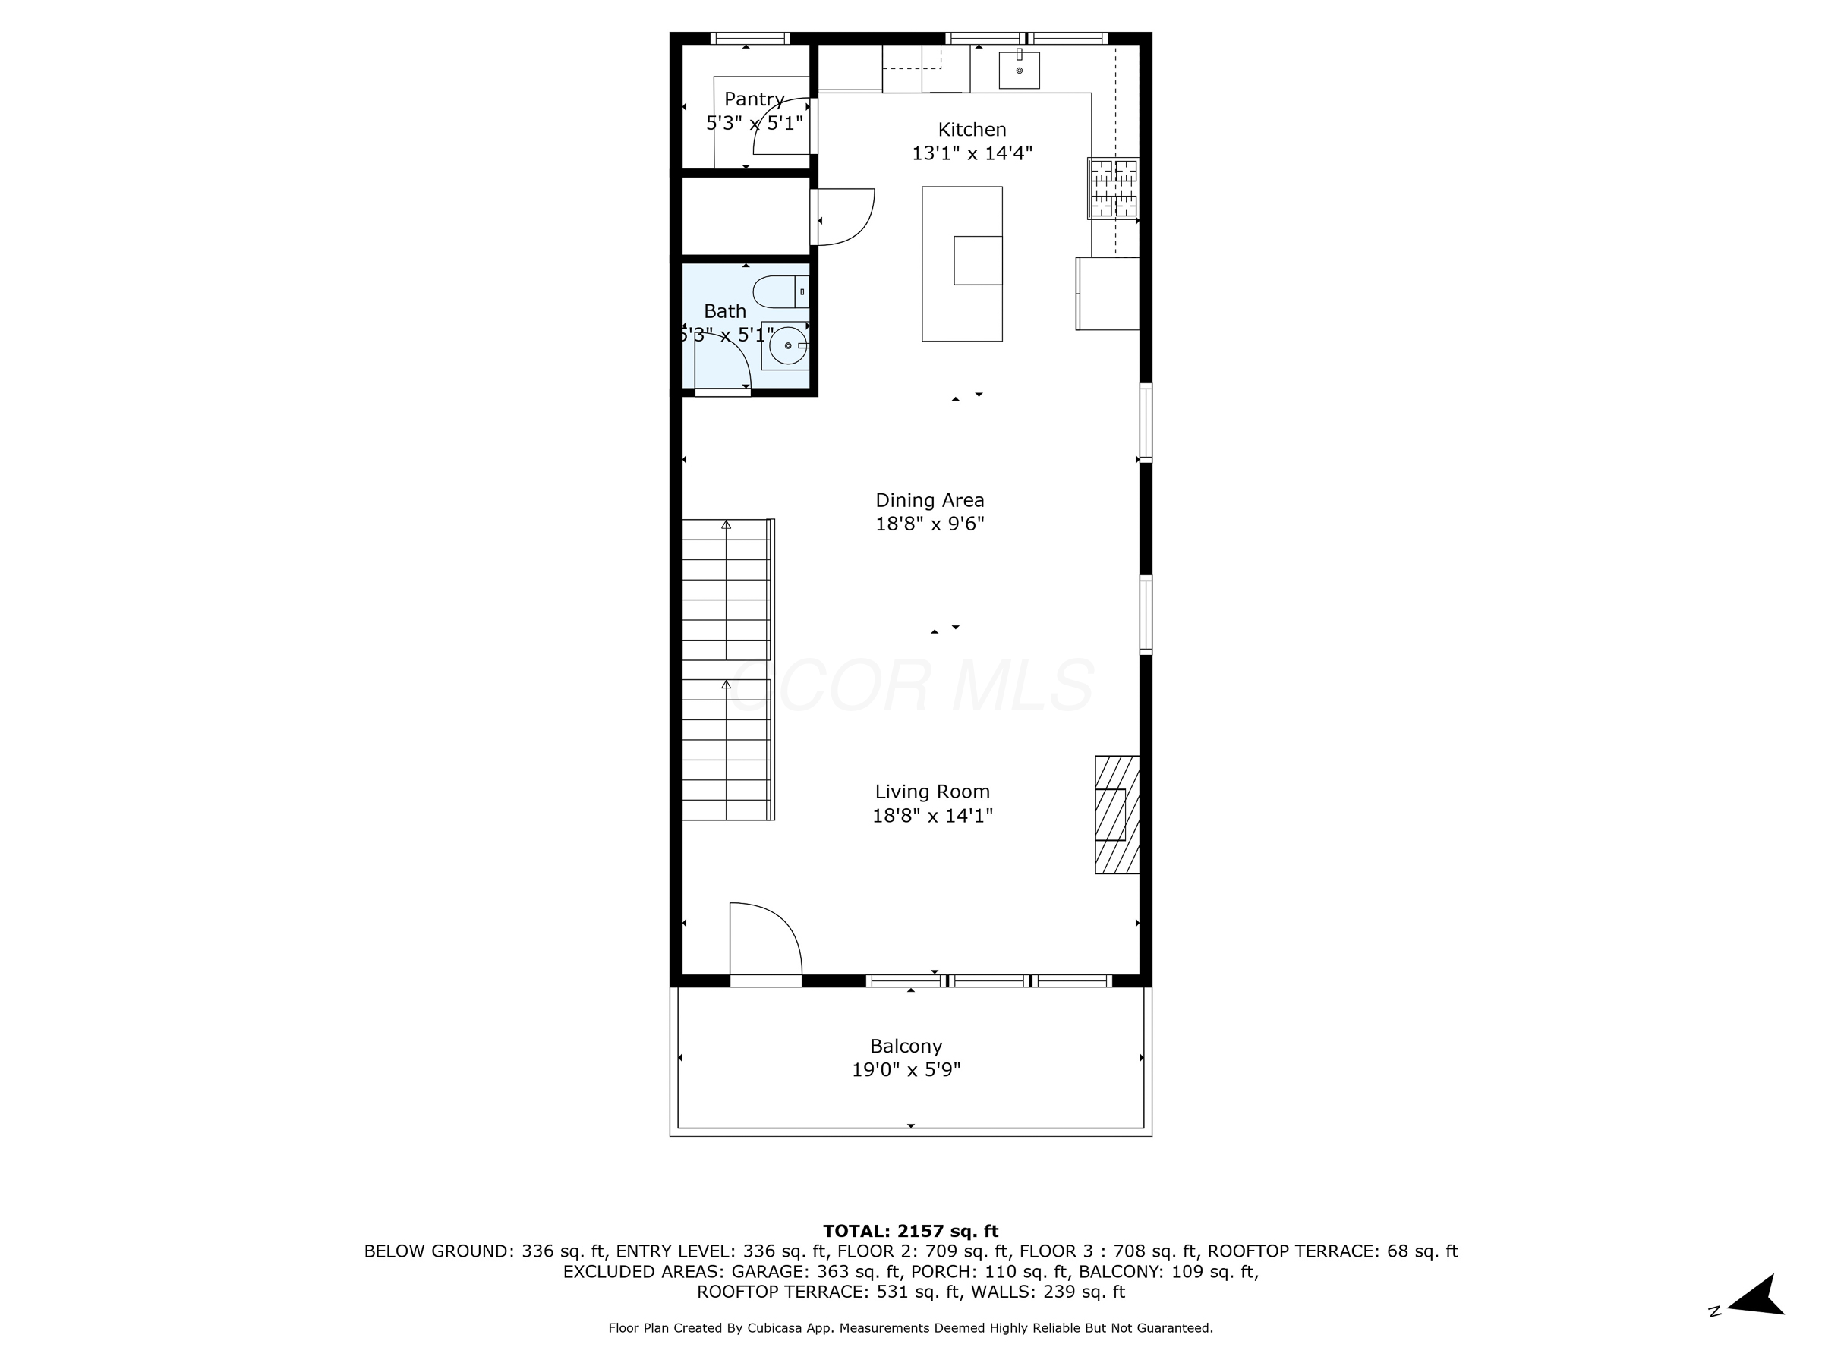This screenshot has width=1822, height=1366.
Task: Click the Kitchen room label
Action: coord(972,130)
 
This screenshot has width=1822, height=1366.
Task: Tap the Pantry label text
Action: coord(754,99)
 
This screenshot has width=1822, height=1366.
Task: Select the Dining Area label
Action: coord(929,501)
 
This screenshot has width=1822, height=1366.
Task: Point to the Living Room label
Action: coord(931,792)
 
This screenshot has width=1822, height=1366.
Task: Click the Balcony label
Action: coord(906,1047)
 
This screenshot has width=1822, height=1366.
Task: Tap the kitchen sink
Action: coord(1019,70)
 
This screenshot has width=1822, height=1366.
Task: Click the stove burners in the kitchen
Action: coord(1114,188)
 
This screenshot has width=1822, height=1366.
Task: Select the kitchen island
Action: coord(961,263)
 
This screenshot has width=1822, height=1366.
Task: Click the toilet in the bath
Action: coord(779,292)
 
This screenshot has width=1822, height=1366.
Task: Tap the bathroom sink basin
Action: coord(787,346)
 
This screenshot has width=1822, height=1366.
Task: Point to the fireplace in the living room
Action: coord(1117,814)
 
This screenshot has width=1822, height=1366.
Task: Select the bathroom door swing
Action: coord(720,362)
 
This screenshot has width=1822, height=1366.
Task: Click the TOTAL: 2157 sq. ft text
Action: coord(910,1231)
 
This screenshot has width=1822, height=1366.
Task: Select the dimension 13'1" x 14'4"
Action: coord(972,154)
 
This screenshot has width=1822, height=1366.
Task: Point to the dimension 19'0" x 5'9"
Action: coord(906,1070)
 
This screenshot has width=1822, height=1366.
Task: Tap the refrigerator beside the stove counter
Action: coord(1107,294)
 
